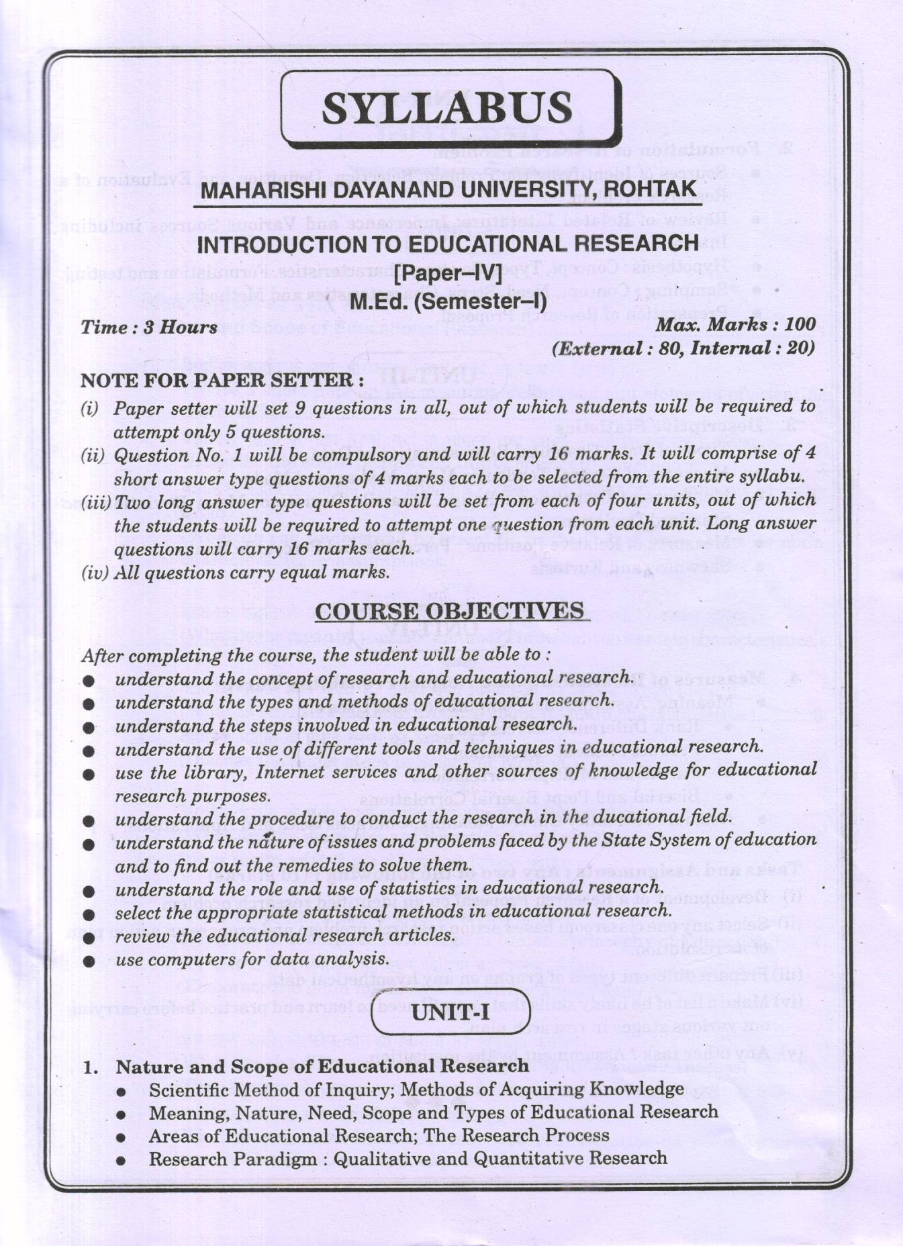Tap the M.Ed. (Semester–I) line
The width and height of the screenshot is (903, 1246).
[x=448, y=301]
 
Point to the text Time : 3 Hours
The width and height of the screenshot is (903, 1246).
[x=149, y=328]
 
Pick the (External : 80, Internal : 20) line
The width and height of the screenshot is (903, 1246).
[x=683, y=348]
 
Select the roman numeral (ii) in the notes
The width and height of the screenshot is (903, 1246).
[x=93, y=456]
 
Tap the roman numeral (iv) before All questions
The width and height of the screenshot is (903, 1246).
[x=93, y=573]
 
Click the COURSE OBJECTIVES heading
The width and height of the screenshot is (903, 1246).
[x=449, y=611]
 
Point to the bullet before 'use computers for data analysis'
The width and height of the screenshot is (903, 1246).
[x=89, y=961]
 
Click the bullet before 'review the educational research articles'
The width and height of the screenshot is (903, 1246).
[x=89, y=938]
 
